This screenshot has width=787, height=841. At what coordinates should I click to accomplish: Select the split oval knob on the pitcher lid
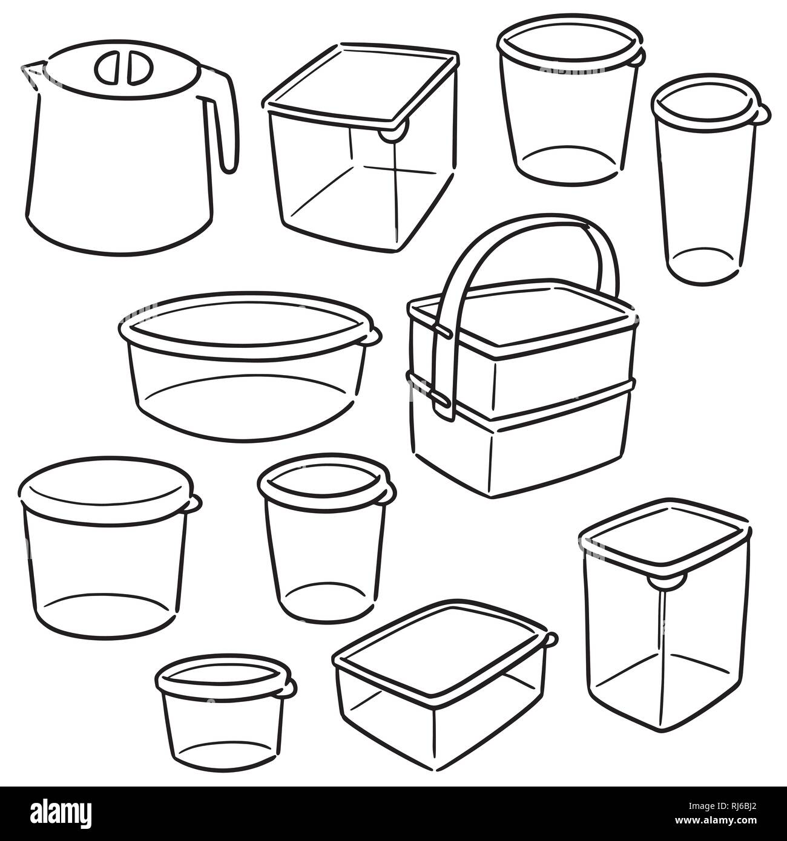(x=123, y=69)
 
